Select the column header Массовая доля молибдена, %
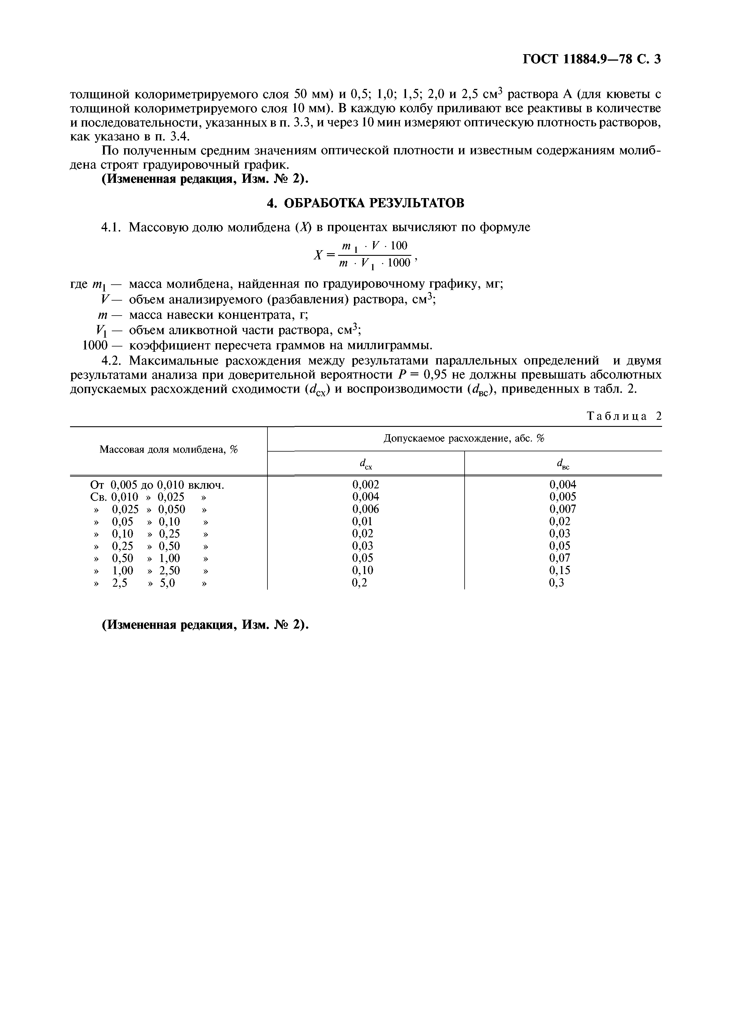point(168,450)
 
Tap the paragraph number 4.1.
point(111,228)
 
